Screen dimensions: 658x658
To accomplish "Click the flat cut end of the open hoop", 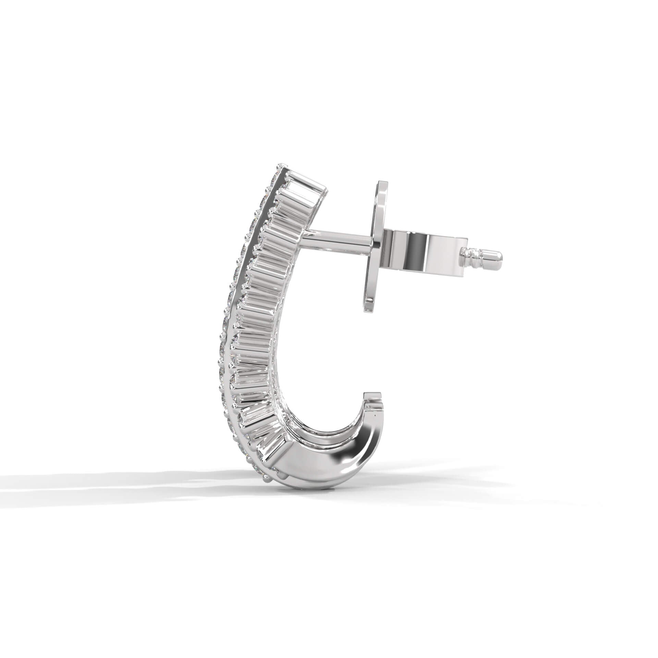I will [374, 394].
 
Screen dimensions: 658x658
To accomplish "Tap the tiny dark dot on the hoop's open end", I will [376, 416].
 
